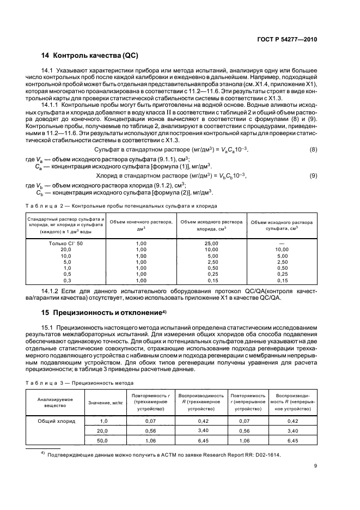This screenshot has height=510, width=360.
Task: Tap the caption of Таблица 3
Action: click(x=80, y=384)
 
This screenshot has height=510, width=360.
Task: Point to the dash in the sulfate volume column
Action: click(x=282, y=243)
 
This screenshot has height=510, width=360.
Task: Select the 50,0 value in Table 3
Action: click(x=102, y=440)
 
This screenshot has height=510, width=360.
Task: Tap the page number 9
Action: click(x=315, y=481)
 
